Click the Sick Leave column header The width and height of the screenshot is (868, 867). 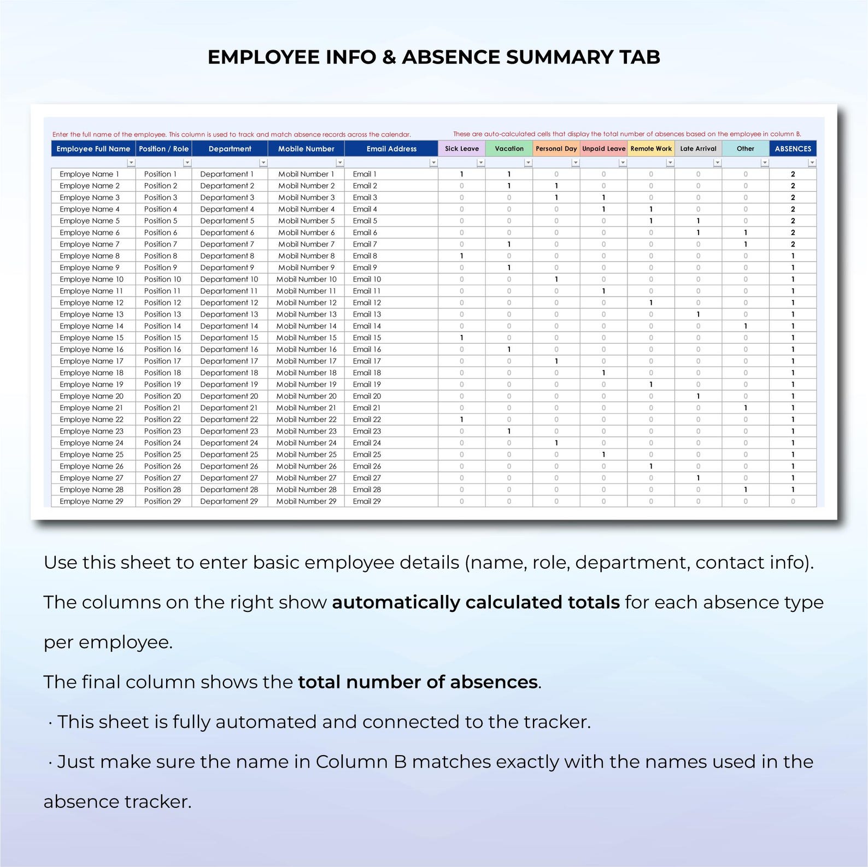coord(461,149)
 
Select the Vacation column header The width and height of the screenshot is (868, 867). coord(509,149)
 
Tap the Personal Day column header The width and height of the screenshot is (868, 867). coord(556,149)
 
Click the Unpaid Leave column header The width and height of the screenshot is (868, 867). coord(603,149)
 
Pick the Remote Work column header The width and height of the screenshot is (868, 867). coord(650,149)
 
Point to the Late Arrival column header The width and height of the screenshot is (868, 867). coord(698,149)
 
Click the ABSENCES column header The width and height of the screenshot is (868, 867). coord(793,149)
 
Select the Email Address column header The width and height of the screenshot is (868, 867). coord(391,149)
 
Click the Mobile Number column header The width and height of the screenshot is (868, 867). coord(306,149)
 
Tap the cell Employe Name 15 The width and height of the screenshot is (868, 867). coord(92,338)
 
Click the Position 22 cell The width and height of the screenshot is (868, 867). coord(162,420)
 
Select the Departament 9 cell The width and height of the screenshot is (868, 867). coord(227,268)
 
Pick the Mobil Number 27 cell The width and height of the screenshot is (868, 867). coord(306,478)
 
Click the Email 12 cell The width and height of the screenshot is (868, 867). coord(367,303)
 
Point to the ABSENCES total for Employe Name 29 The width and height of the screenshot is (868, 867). coord(793,502)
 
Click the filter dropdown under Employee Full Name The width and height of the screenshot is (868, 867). coord(131,163)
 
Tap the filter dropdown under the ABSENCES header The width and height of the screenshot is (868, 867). coord(812,163)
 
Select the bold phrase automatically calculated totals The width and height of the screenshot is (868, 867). coord(476,602)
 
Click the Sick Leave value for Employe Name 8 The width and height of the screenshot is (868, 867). coord(461,256)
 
